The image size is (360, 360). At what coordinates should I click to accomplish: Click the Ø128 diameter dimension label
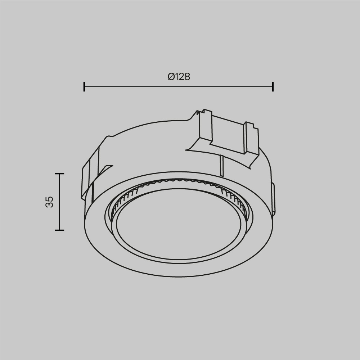[x=179, y=77]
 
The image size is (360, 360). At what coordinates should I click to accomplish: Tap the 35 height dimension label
[x=50, y=202]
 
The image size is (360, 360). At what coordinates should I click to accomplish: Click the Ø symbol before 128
[x=171, y=77]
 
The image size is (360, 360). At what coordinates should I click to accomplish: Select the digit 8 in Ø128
[x=186, y=77]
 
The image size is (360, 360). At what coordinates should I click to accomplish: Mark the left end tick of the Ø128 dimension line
[x=84, y=87]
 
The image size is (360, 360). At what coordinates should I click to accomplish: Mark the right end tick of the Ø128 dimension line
[x=273, y=87]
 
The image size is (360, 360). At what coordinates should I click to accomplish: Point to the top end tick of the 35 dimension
[x=59, y=174]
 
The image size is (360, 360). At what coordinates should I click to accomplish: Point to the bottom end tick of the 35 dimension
[x=59, y=230]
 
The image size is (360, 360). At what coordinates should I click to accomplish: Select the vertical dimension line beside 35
[x=59, y=202]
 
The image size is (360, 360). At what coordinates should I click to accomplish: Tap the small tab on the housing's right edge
[x=273, y=198]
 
